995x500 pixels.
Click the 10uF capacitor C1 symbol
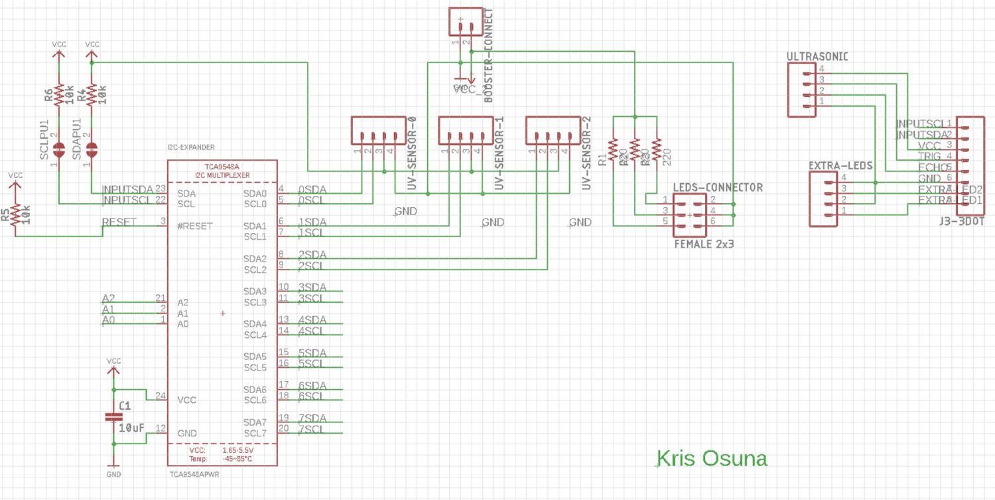coord(113,417)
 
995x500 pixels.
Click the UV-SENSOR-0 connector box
coord(377,130)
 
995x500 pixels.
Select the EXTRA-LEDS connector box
coord(823,198)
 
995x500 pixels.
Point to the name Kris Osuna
coord(711,458)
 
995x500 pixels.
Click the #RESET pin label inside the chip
coord(195,226)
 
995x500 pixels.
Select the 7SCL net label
coord(310,430)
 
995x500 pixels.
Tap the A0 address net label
coord(108,321)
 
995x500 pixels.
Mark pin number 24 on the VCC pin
coord(160,396)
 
